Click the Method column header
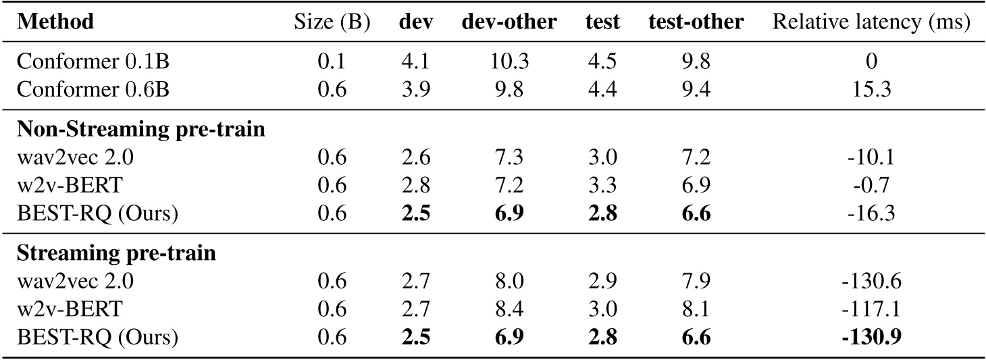[55, 22]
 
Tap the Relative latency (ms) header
[871, 22]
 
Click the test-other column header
[696, 22]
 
